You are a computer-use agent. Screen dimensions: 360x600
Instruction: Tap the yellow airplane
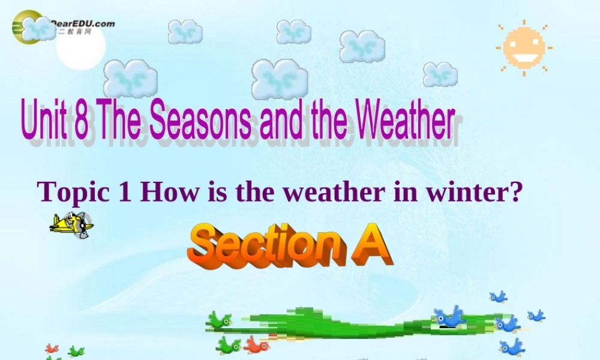pyautogui.click(x=71, y=225)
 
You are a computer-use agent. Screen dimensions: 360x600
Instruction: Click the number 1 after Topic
pyautogui.click(x=125, y=192)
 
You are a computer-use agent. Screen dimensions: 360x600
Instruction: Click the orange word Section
pyautogui.click(x=265, y=245)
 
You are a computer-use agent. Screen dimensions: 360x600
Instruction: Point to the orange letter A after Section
pyautogui.click(x=370, y=245)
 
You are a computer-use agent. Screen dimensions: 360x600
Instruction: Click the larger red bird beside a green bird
pyautogui.click(x=256, y=344)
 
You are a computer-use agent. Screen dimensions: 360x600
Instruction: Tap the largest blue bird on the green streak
pyautogui.click(x=450, y=316)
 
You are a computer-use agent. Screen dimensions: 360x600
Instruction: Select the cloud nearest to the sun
pyautogui.click(x=440, y=74)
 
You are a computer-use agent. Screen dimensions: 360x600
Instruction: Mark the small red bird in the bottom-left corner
pyautogui.click(x=52, y=349)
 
